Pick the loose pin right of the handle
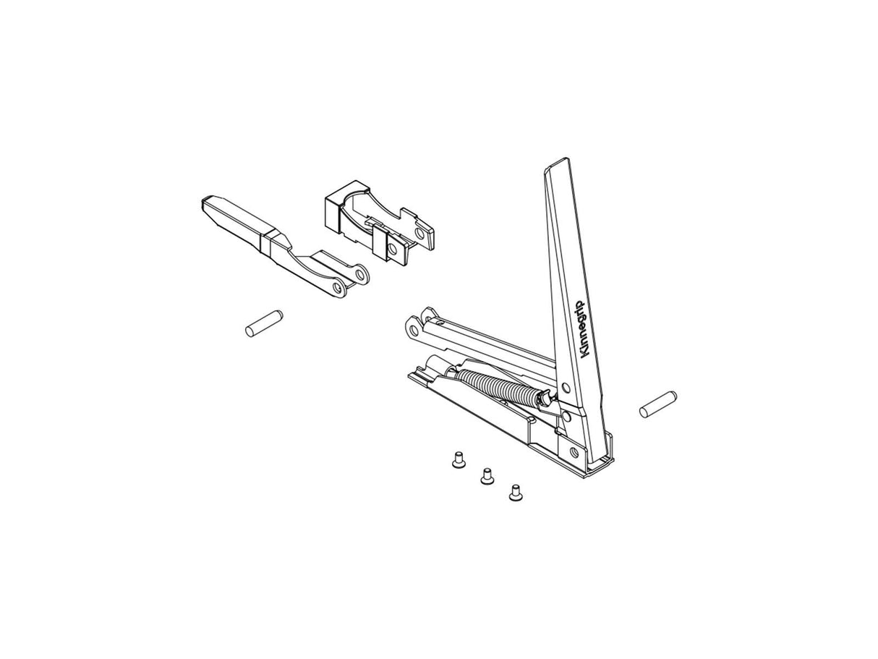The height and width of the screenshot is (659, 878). (658, 404)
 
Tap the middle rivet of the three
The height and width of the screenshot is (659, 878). (487, 475)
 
